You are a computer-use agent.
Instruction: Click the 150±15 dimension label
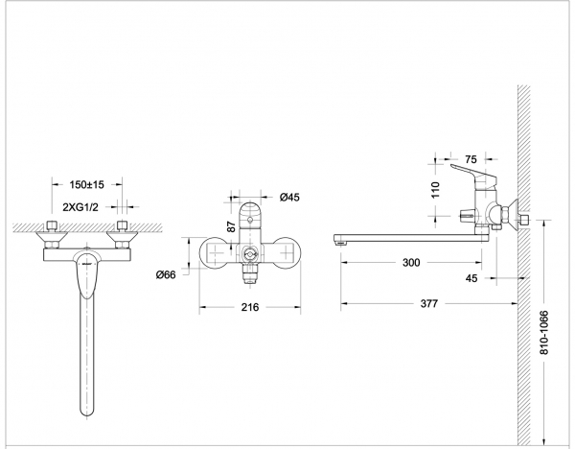click(87, 184)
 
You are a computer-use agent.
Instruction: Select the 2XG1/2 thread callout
click(80, 207)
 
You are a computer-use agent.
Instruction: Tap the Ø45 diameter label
click(289, 198)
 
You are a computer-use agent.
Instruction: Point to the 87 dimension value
click(231, 226)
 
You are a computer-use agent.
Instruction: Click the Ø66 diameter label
click(166, 274)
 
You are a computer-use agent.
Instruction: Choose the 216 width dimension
click(250, 307)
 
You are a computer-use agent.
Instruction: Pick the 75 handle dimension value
click(471, 159)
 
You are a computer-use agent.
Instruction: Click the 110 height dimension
click(435, 190)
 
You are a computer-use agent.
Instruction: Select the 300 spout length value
click(411, 263)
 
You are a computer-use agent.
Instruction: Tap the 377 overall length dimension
click(428, 303)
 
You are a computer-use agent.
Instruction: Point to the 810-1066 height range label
click(544, 333)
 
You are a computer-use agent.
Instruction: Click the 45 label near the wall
click(471, 278)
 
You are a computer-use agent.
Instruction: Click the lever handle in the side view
click(473, 175)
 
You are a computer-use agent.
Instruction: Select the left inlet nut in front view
click(53, 225)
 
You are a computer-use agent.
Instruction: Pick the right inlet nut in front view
click(122, 225)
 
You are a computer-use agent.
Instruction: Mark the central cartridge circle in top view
click(250, 253)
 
